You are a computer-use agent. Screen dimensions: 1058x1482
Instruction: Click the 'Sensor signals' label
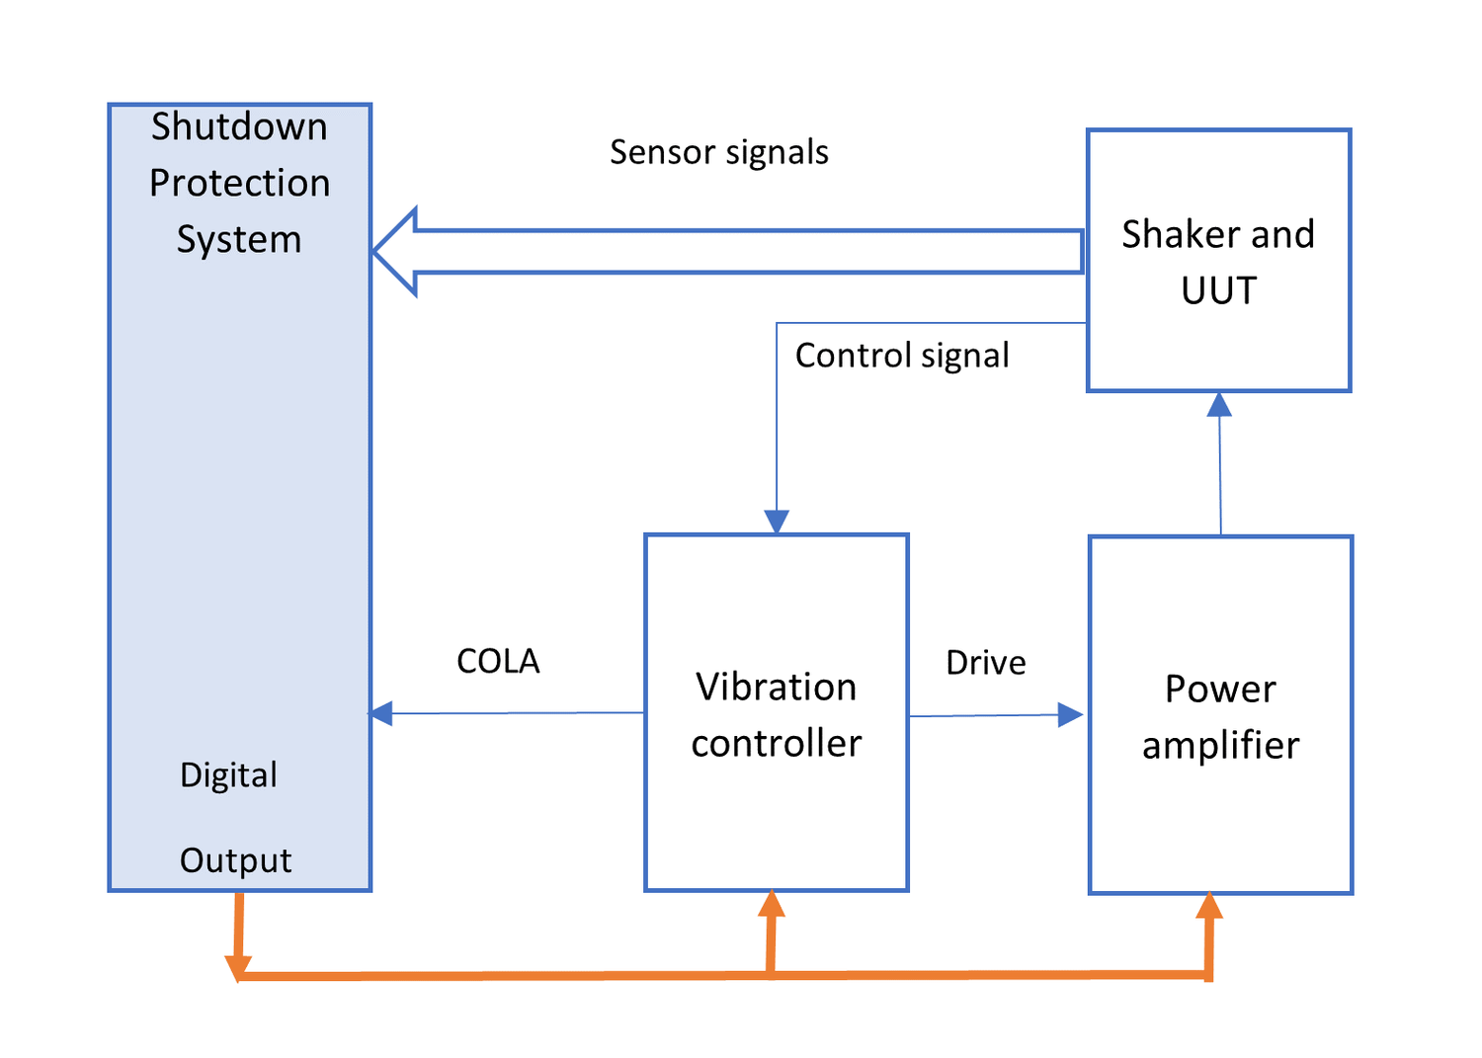tap(718, 152)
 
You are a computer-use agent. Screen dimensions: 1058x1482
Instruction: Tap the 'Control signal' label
tap(901, 356)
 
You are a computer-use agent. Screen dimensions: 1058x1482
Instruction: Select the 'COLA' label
tap(498, 661)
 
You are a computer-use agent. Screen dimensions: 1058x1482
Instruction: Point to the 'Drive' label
tap(985, 662)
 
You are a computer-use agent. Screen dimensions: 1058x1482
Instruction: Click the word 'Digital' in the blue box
tap(228, 774)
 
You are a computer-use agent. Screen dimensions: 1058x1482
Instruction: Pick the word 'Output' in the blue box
tap(235, 860)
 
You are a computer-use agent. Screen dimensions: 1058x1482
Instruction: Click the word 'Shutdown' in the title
tap(239, 126)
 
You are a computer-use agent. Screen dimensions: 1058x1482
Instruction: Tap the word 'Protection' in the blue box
tap(239, 183)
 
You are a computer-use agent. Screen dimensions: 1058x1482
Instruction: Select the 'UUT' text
tap(1218, 290)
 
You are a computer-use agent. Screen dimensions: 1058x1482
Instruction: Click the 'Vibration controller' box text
tap(776, 714)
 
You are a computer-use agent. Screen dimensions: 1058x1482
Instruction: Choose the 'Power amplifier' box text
tap(1220, 716)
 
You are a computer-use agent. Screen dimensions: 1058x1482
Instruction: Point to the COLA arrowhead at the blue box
tap(381, 713)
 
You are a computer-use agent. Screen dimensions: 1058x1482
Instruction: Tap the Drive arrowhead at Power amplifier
tap(1070, 714)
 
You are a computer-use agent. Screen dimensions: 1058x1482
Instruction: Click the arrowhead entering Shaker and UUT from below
tap(1219, 404)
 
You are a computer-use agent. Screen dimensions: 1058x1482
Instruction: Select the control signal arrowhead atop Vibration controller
tap(777, 522)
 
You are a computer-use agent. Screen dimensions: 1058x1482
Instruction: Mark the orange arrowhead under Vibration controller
tap(772, 903)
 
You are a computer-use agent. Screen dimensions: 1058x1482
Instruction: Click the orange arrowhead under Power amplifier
tap(1209, 906)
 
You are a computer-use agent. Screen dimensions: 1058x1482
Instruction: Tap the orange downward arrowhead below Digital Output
tap(238, 967)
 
